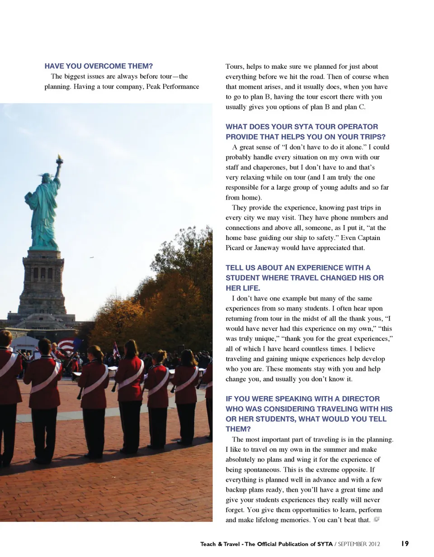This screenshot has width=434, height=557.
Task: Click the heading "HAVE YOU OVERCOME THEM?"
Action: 99,66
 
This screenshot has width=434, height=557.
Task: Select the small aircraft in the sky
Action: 92,257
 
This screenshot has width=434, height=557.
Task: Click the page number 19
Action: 405,543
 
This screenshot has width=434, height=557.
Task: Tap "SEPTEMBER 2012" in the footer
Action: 359,544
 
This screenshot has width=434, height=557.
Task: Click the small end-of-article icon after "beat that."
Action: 376,519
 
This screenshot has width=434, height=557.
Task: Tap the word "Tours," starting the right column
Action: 234,66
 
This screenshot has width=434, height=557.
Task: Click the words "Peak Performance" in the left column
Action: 173,86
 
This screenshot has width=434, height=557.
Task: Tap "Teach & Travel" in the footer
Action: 220,544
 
